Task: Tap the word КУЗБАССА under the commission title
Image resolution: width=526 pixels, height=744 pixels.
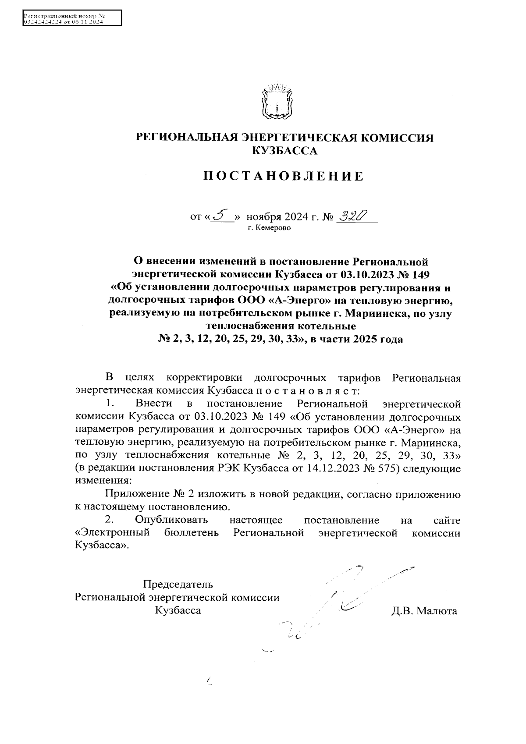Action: click(284, 151)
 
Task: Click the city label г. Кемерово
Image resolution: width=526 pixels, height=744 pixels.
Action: click(269, 228)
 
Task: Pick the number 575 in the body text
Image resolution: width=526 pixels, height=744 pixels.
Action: click(384, 468)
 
